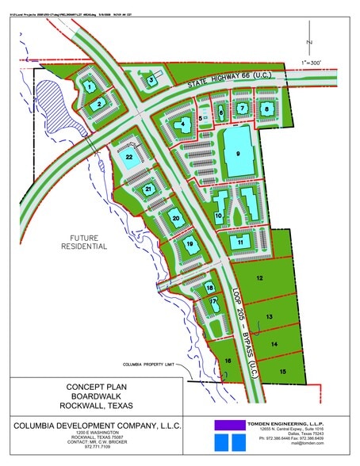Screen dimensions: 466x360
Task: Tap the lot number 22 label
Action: pos(129,159)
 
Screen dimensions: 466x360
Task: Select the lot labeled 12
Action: pos(259,278)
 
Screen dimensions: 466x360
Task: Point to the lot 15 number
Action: pos(282,371)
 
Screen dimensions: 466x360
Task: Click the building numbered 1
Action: pos(90,86)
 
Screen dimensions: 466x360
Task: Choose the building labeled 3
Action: pos(151,79)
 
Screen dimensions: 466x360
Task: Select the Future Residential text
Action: pos(83,243)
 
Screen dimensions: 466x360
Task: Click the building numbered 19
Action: pos(189,245)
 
